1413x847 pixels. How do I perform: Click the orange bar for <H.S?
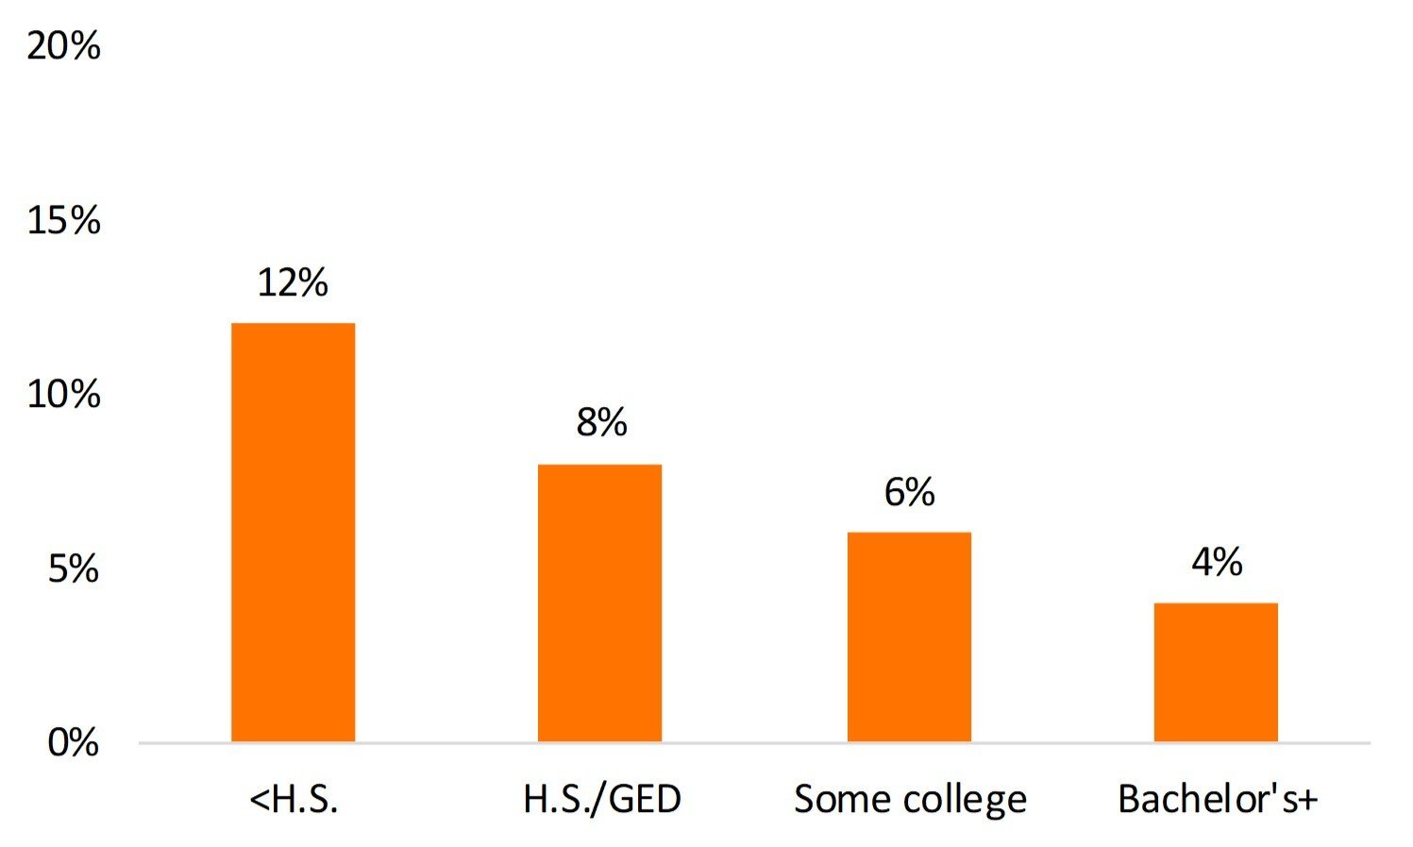tap(293, 532)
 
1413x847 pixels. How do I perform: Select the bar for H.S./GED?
tap(599, 602)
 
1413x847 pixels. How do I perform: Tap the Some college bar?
tap(909, 636)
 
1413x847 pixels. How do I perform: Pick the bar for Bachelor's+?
tap(1216, 671)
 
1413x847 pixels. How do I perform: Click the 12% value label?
tap(293, 282)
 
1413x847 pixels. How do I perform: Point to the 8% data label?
tap(601, 423)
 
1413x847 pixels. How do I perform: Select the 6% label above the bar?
tap(909, 492)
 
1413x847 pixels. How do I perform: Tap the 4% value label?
tap(1217, 563)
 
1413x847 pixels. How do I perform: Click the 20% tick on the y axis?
tap(63, 45)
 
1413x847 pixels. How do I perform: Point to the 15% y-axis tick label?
tap(63, 221)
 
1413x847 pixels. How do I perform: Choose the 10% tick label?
tap(63, 395)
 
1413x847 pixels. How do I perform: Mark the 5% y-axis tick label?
tap(74, 569)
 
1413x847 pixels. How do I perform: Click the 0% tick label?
tap(74, 743)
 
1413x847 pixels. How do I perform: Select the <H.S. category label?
tap(294, 800)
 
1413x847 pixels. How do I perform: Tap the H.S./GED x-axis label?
tap(601, 800)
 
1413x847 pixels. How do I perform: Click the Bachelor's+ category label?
tap(1217, 800)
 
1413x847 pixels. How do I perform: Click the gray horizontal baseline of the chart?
tap(755, 743)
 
